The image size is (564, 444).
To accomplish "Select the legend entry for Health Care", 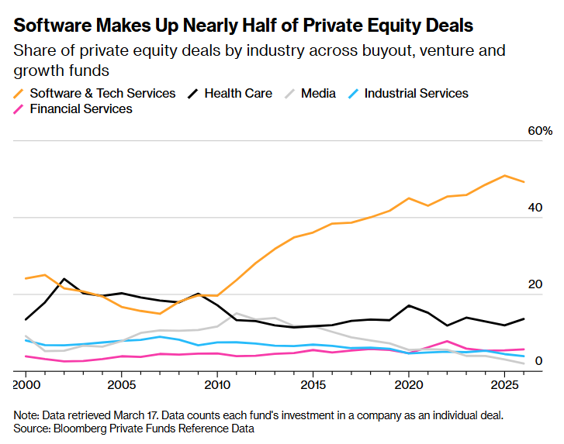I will coord(237,93).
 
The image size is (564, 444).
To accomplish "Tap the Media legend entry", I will coord(318,93).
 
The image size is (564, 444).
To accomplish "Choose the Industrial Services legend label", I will coord(416,93).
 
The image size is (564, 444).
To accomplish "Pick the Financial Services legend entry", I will coord(81,108).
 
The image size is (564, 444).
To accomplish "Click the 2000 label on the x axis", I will coord(26,384).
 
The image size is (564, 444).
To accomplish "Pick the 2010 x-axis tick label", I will coord(216,384).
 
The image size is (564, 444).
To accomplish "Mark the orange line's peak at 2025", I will coord(505,176).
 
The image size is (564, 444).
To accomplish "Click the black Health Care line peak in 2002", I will coord(64,279).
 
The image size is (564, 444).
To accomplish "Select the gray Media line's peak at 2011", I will coord(236,314).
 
